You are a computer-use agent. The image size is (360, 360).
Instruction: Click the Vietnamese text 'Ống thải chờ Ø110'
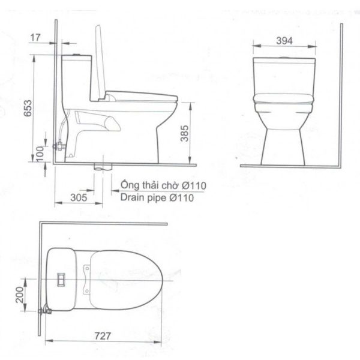click(163, 185)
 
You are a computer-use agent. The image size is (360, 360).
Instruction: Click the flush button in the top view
click(61, 279)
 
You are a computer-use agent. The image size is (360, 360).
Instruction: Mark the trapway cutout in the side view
click(99, 122)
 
